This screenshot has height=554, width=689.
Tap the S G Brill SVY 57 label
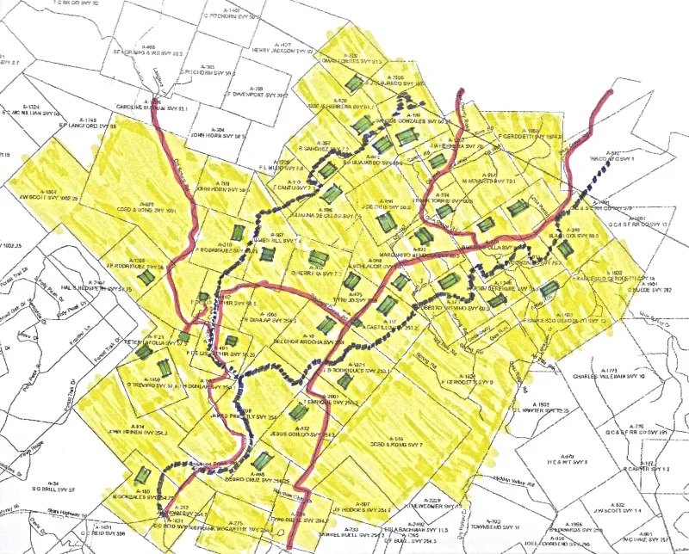coord(53,488)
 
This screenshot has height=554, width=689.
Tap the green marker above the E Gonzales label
coord(143,475)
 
